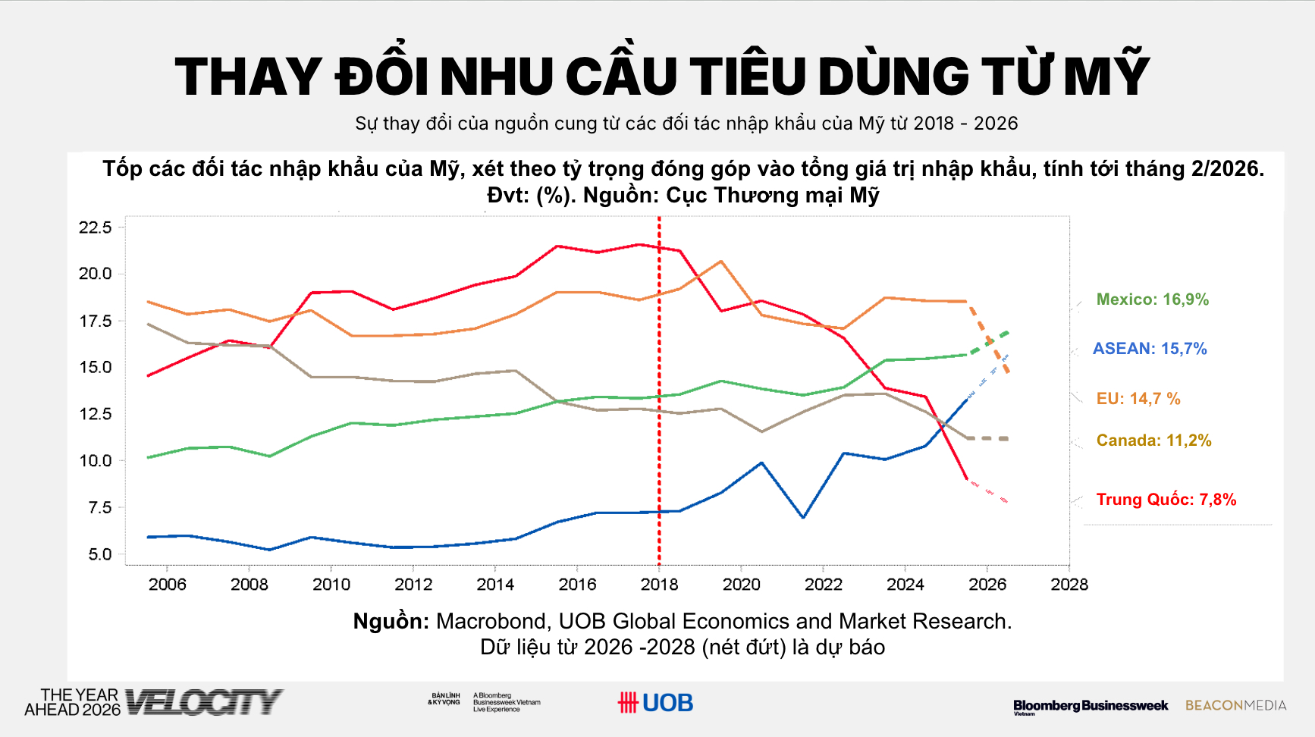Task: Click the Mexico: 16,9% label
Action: [1152, 300]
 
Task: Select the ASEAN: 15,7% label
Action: [1149, 349]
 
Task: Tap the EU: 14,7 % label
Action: [1138, 399]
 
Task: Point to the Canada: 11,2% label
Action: [1153, 441]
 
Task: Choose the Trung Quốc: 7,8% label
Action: [1166, 500]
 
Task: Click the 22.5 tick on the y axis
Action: [96, 227]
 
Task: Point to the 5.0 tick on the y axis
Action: [99, 554]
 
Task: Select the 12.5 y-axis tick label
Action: [96, 414]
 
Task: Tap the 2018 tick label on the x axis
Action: [659, 585]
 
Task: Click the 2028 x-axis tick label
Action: [1069, 585]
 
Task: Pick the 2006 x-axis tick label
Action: [167, 585]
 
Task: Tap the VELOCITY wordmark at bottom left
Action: [203, 702]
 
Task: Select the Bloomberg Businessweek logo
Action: [1091, 706]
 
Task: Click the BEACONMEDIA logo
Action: [1235, 705]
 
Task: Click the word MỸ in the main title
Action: [1106, 76]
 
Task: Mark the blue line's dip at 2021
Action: [802, 517]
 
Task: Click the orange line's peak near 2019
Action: [720, 262]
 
